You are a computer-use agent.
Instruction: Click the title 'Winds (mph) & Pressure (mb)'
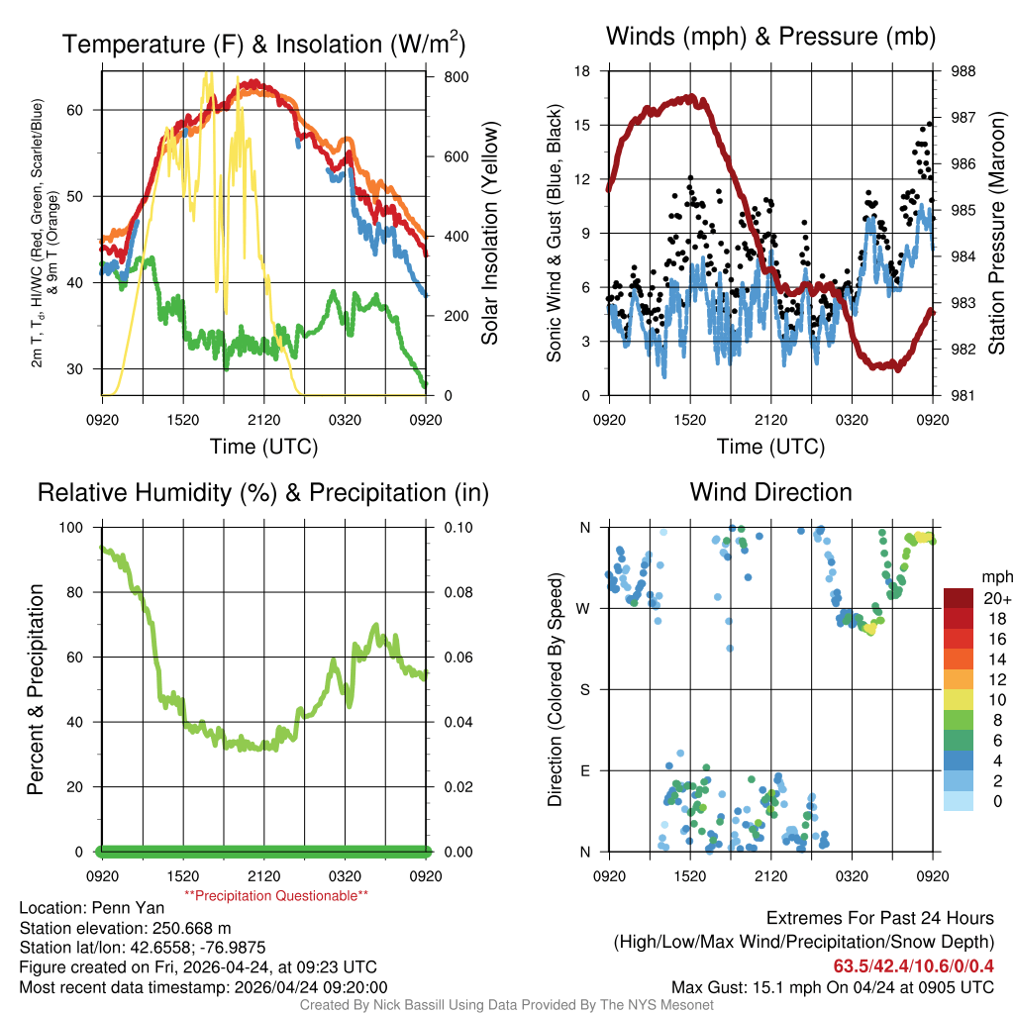(x=770, y=38)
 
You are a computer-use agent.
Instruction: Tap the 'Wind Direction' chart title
(x=770, y=492)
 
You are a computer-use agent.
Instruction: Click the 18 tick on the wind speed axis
(x=582, y=71)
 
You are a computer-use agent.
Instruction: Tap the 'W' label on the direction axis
(x=585, y=608)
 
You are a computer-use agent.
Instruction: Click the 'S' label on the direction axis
(x=585, y=689)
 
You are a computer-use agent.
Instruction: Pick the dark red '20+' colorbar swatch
(x=960, y=598)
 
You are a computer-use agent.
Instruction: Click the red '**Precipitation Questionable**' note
(x=276, y=895)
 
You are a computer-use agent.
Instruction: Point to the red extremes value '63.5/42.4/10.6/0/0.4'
(x=913, y=965)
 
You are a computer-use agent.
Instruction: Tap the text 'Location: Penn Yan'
(x=83, y=907)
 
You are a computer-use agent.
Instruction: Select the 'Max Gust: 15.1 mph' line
(x=832, y=986)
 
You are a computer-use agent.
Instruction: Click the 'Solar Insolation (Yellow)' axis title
(x=489, y=234)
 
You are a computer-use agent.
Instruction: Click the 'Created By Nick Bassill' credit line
(x=506, y=1005)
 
